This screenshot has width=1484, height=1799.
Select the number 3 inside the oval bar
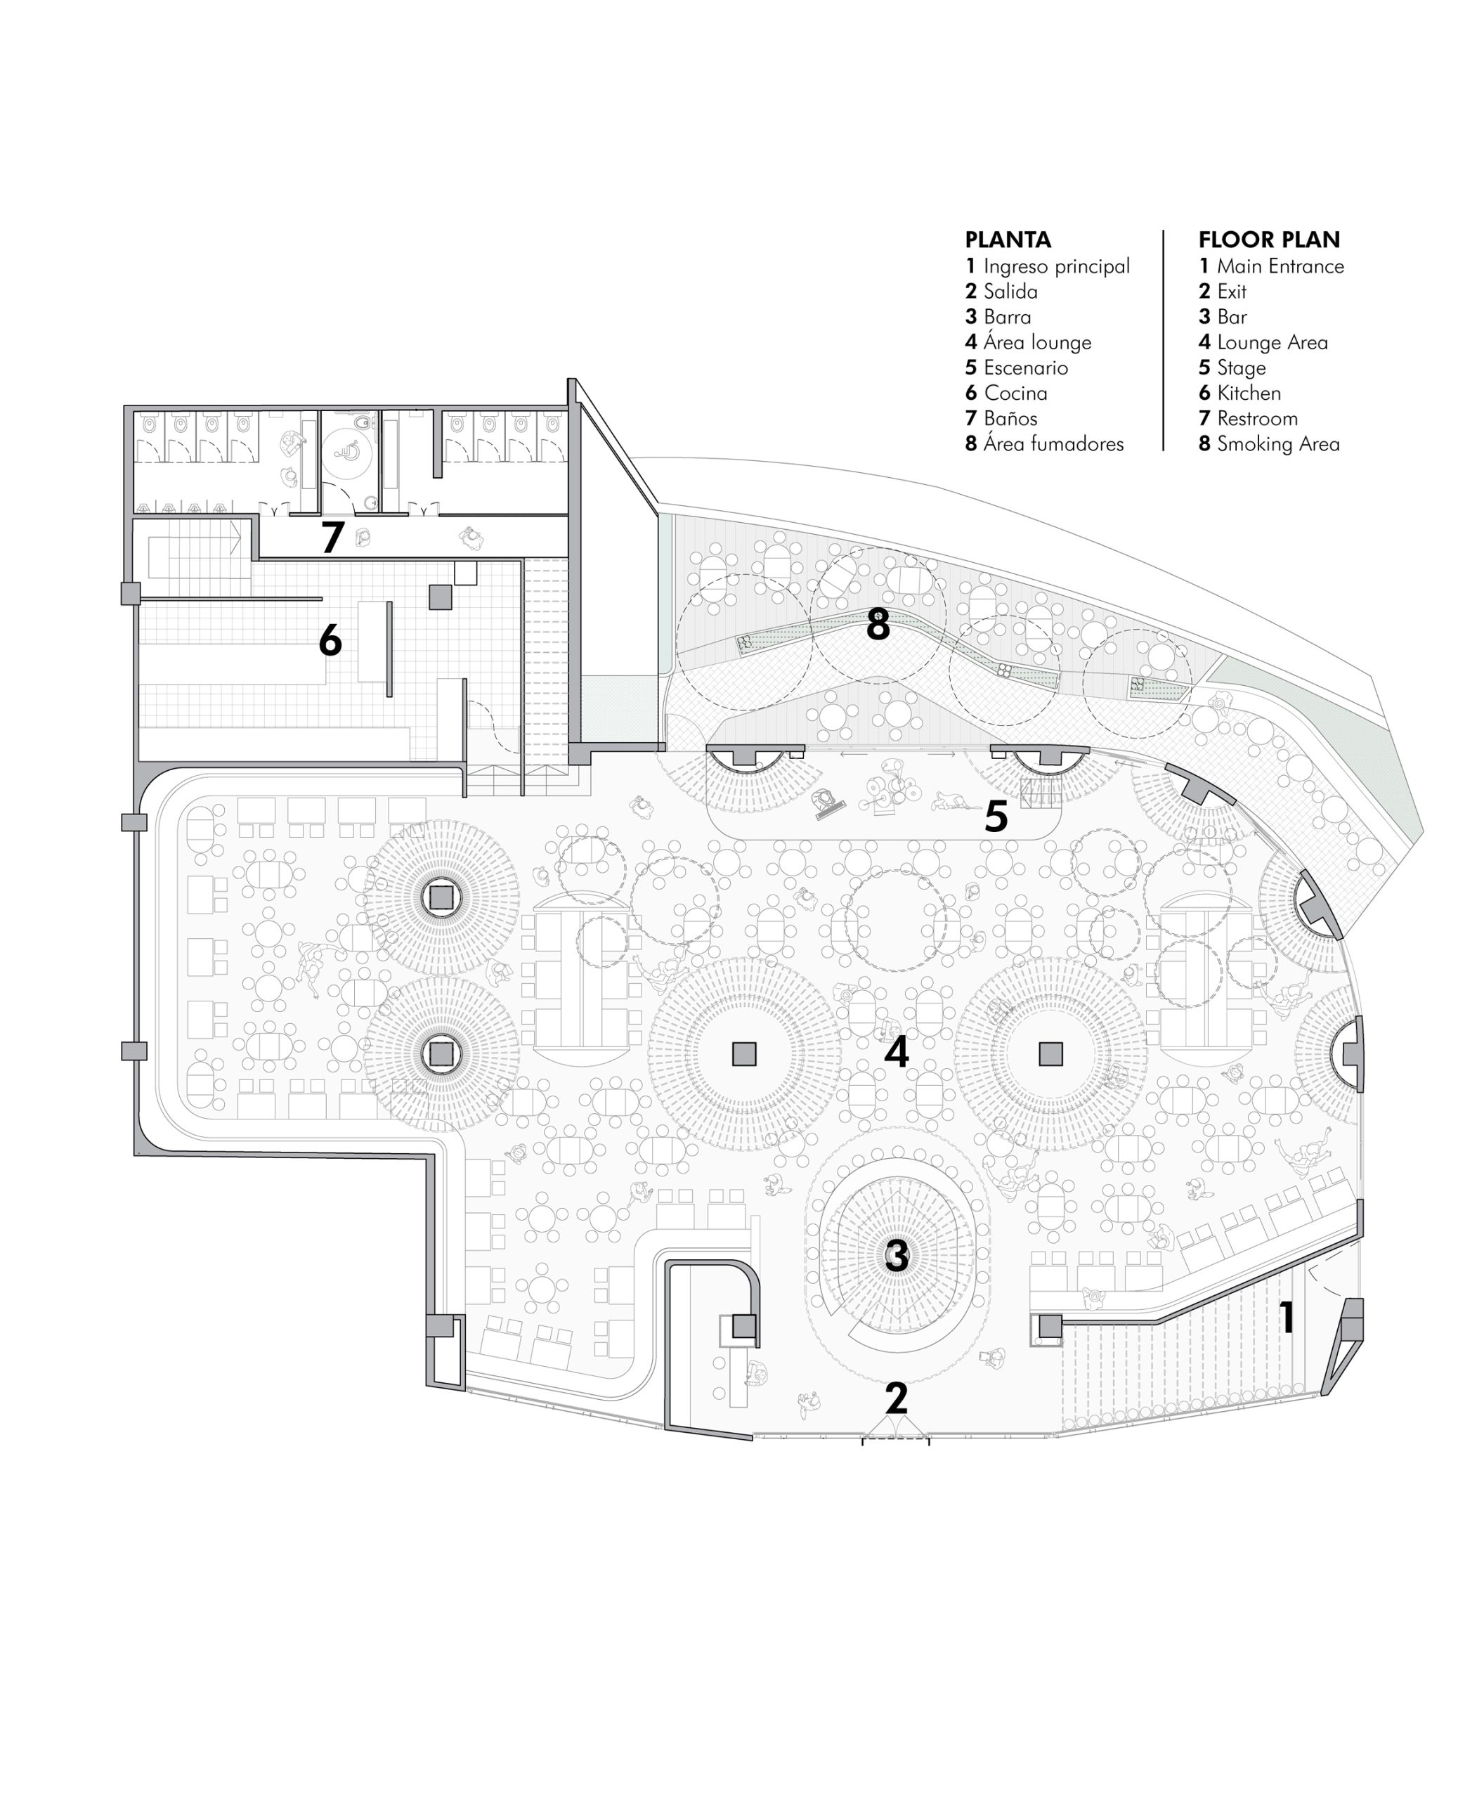click(896, 1256)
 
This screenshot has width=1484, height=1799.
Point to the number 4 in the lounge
click(896, 1053)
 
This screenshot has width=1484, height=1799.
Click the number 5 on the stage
click(996, 817)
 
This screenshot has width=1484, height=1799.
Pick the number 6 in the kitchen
click(330, 639)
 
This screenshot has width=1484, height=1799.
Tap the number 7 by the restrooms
click(332, 537)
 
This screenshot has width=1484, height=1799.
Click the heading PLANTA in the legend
click(1008, 240)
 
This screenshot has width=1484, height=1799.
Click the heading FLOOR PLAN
click(1268, 240)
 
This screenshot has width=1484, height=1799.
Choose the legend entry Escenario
click(1026, 368)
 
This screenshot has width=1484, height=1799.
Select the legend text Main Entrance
click(1280, 266)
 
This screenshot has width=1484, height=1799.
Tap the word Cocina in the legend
click(1015, 394)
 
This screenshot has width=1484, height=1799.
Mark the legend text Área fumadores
click(1054, 443)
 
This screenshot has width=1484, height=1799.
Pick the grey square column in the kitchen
click(439, 596)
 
